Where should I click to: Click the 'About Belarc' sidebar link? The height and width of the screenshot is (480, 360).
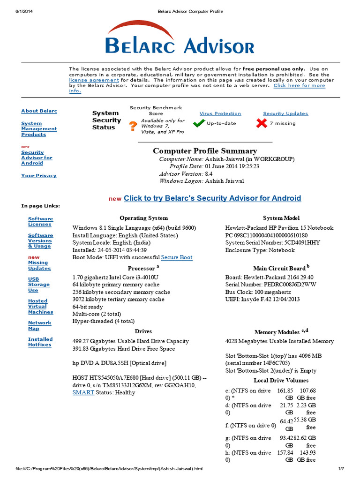tap(39, 111)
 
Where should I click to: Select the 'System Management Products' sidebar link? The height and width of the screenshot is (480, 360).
tap(39, 129)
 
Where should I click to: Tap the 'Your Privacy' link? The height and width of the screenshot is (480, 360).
tap(38, 176)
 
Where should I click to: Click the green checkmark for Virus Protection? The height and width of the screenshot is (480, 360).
tap(199, 123)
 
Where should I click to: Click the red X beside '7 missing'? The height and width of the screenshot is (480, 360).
tap(261, 123)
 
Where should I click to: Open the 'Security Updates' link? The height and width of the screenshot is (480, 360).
tap(285, 113)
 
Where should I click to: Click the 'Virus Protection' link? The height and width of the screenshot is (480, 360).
tap(220, 113)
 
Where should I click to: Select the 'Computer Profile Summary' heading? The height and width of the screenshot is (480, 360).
tap(205, 151)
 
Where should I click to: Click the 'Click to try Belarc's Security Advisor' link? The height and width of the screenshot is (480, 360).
tap(212, 198)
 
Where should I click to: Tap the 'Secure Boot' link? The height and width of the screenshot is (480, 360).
tap(177, 257)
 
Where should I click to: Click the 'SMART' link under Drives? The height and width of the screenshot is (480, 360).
tap(83, 392)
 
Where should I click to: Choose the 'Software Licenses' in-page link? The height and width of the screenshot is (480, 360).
tap(40, 222)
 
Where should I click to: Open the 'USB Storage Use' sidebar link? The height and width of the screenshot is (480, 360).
tap(38, 285)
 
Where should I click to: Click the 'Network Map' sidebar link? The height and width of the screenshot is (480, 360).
tap(39, 326)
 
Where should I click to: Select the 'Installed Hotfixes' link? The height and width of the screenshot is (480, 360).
tap(40, 342)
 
